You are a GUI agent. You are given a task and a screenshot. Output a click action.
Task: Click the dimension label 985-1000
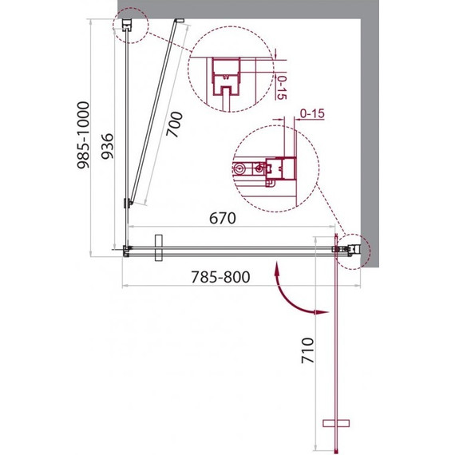[83, 135]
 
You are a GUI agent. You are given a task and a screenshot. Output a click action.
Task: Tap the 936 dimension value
[107, 146]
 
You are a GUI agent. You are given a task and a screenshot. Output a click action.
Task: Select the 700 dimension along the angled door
[174, 125]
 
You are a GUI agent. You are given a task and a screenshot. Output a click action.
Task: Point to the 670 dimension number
[223, 218]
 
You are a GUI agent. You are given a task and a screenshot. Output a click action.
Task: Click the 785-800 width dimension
[220, 277]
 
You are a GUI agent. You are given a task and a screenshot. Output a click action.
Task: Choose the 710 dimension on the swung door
[307, 350]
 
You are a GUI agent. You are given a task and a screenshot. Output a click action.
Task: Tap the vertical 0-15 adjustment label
[281, 87]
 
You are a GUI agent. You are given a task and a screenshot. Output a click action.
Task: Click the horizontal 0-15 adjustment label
[312, 113]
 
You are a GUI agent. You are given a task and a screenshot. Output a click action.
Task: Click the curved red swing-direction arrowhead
[322, 313]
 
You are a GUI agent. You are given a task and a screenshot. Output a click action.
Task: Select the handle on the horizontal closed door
[158, 247]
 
